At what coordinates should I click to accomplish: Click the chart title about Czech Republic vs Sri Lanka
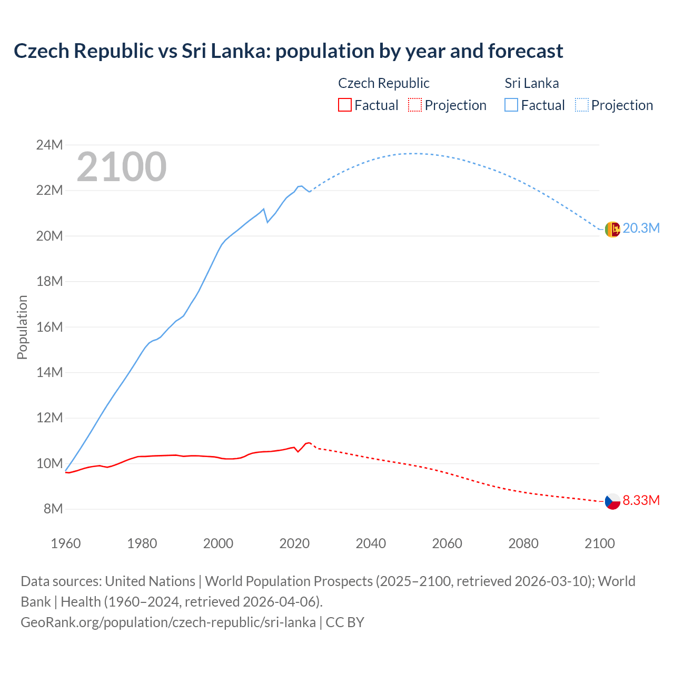288,51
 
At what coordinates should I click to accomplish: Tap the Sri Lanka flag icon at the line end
612,229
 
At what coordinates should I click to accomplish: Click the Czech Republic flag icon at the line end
612,501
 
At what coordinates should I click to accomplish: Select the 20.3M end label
641,229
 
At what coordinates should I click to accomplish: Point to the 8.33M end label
641,500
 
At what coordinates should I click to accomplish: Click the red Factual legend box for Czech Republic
344,105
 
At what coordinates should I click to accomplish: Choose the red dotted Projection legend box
415,105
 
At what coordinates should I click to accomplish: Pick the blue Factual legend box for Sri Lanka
511,105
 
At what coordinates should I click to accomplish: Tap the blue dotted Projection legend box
581,105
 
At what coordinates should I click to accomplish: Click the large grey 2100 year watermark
122,167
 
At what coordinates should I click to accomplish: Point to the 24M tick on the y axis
49,145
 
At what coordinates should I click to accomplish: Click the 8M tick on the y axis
53,509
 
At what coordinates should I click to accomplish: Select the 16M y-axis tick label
49,327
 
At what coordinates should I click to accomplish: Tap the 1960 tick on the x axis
66,543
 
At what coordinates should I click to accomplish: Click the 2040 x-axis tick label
371,543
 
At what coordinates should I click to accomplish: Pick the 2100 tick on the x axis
599,543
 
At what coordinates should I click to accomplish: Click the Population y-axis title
22,327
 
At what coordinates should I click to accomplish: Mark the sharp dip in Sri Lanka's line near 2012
267,222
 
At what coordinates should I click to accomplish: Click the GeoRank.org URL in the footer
168,622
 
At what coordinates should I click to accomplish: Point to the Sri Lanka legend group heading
531,83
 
